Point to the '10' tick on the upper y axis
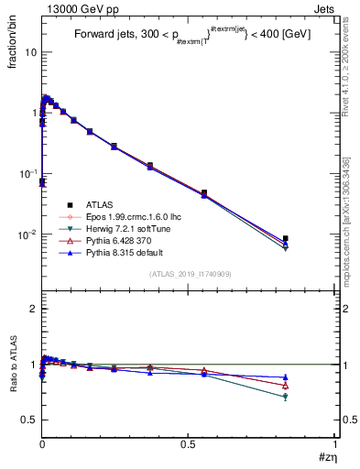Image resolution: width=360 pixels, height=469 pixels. (30, 52)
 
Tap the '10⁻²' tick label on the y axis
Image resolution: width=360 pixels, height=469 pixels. (27, 234)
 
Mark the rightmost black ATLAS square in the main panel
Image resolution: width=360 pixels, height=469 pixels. (286, 238)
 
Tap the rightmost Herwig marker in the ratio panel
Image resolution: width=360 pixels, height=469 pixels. (286, 397)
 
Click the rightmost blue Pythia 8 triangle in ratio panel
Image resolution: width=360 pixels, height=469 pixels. (286, 377)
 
